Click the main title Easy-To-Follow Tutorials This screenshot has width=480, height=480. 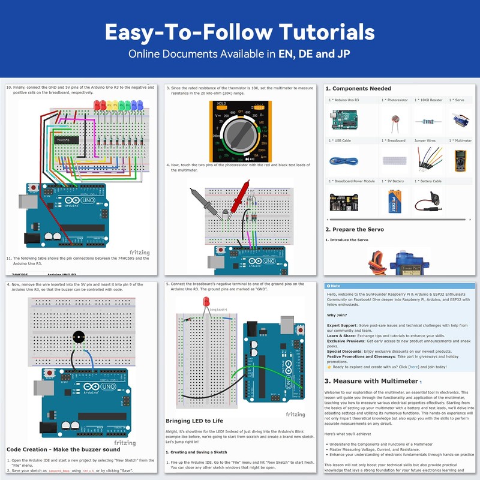click(240, 31)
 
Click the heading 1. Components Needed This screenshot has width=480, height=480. click(358, 89)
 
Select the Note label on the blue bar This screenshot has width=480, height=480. click(335, 286)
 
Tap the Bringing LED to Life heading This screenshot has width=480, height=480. click(194, 421)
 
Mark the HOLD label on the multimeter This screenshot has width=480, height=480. click(221, 103)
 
